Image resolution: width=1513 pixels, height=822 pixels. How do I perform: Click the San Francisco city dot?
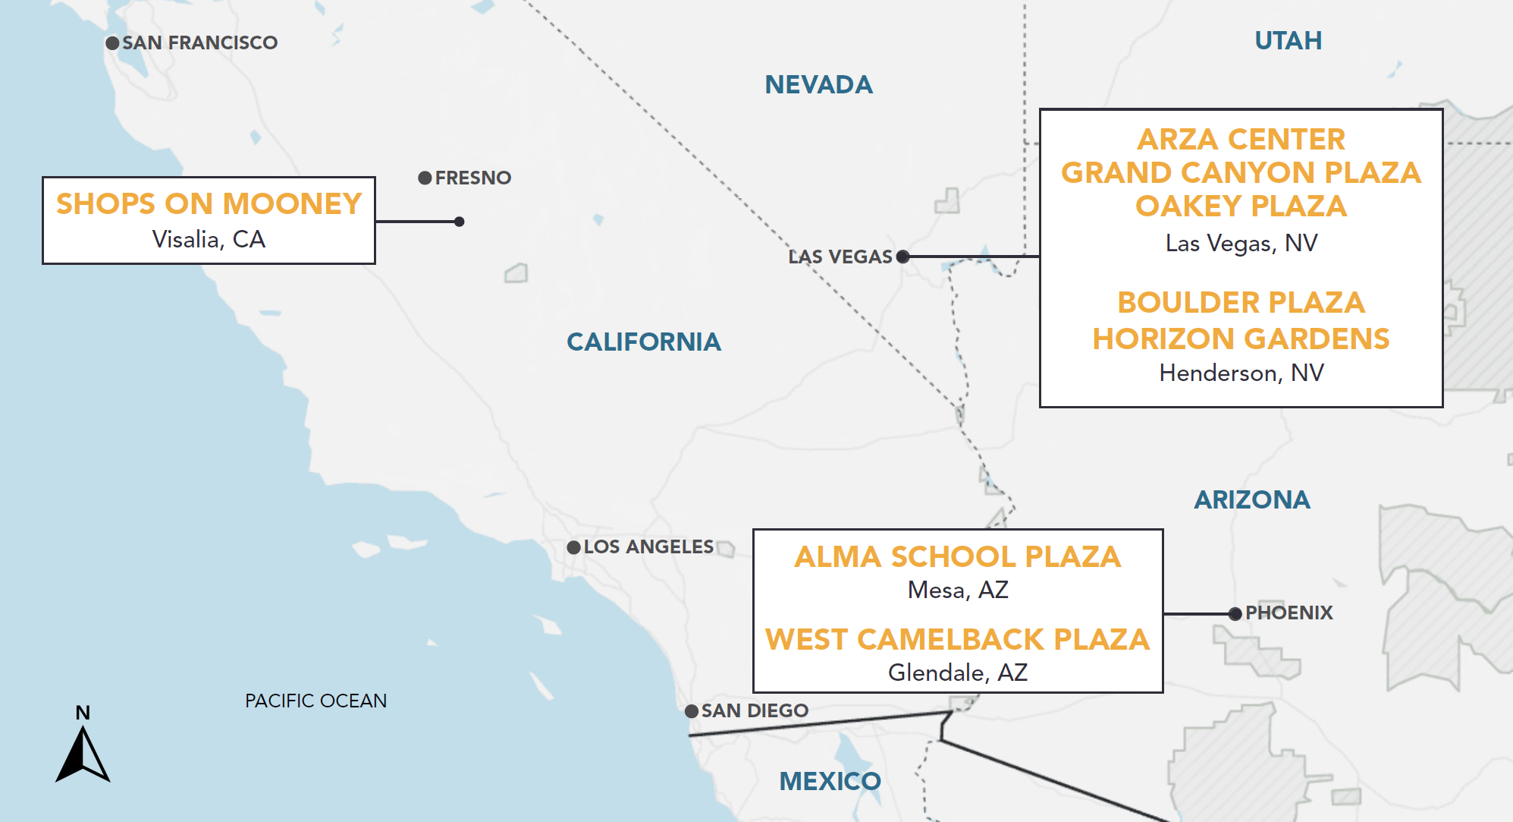tap(112, 43)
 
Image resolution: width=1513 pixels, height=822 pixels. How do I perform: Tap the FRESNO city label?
tap(472, 178)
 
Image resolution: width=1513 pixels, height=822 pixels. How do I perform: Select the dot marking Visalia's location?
tap(459, 222)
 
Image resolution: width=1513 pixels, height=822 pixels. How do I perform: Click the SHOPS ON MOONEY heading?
tap(209, 204)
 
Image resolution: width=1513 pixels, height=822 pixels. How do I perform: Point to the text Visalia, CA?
tap(209, 240)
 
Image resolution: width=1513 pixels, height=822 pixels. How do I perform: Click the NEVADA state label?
tap(818, 85)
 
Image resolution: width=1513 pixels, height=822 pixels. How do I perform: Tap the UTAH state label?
tap(1288, 41)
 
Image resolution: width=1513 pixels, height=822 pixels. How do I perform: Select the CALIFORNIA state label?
tap(643, 342)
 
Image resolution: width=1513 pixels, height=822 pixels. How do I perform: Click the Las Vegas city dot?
tap(902, 257)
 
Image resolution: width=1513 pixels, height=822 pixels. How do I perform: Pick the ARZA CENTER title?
tap(1241, 140)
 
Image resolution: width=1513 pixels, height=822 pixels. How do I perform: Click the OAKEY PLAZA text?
tap(1241, 206)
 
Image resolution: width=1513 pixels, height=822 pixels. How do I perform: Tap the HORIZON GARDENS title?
tap(1241, 339)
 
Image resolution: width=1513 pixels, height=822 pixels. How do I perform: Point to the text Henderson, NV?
tap(1241, 373)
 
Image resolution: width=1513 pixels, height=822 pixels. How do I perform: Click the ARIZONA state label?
tap(1251, 500)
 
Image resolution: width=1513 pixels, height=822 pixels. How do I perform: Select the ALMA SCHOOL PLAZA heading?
tap(957, 557)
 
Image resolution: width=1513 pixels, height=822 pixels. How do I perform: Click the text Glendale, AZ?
tap(957, 673)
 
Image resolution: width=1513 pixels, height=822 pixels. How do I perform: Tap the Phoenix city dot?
tap(1235, 614)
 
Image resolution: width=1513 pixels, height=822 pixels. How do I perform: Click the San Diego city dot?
tap(692, 712)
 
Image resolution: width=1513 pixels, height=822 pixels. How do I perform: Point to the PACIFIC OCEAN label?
tap(315, 701)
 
